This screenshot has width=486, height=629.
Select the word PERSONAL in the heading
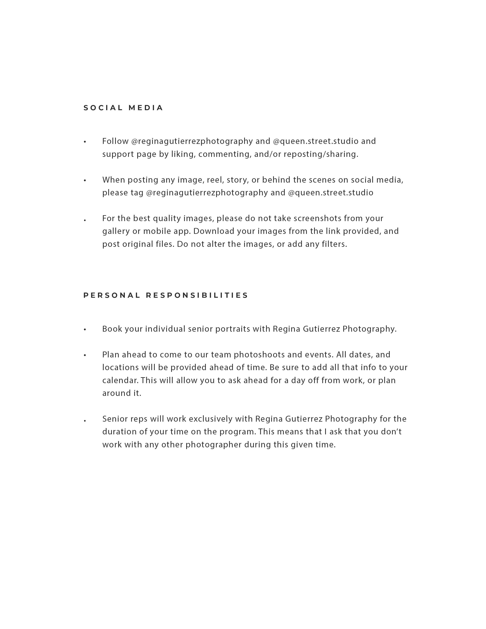click(112, 295)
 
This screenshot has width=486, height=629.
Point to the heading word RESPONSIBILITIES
click(197, 295)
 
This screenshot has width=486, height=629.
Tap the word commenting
click(225, 154)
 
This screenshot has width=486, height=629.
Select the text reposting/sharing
click(321, 154)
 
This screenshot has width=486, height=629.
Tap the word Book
click(112, 329)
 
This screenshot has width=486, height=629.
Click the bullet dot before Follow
click(85, 142)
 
